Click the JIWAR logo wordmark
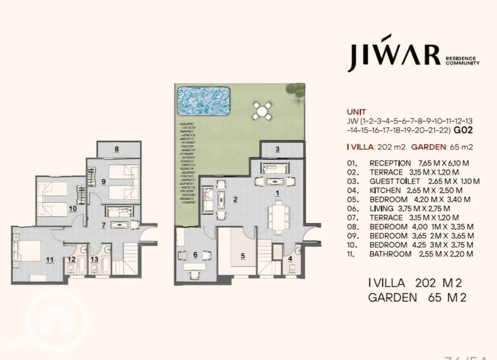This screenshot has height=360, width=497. pos(394,53)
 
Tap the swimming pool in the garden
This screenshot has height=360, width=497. pos(203,101)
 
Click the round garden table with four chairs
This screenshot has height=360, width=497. pos(262,111)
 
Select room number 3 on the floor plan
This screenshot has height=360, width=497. pos(278,149)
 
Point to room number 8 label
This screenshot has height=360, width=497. pos(117,149)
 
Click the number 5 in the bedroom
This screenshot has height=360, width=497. pos(243,256)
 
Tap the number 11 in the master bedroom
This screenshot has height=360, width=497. pos(50,260)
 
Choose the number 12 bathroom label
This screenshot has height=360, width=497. pos(71,259)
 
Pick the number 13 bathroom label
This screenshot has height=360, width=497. pos(95,259)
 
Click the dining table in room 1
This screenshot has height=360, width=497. pos(279,217)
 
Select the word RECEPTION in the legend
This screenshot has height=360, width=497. pos(390,163)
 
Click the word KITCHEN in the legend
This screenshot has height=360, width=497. pos(385,191)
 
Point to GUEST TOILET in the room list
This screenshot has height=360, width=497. pos(394,181)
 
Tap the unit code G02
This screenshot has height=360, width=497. pos(463,130)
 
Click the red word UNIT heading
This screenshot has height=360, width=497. pos(357,112)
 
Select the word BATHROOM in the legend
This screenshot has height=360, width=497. pos(390,254)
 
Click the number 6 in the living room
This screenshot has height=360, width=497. pos(195,254)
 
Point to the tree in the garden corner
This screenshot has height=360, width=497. pos(296,91)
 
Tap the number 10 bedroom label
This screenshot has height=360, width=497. pos(73,209)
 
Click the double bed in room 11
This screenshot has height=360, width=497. pos(26,251)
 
